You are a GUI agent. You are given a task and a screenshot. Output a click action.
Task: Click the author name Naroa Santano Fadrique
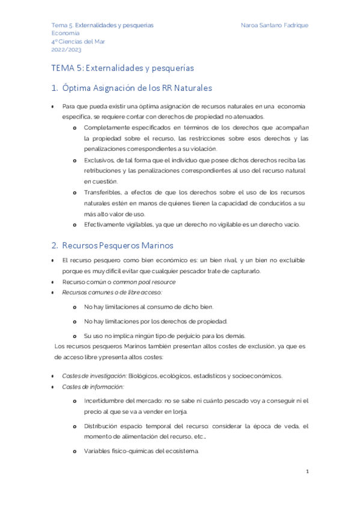point(274,25)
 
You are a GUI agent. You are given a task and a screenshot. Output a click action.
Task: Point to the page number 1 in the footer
point(307,472)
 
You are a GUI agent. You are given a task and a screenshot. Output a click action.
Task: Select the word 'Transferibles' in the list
point(102,192)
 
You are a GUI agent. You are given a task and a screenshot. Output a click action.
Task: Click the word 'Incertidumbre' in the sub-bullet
point(105,399)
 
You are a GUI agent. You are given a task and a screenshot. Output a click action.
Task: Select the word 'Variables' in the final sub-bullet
point(97,450)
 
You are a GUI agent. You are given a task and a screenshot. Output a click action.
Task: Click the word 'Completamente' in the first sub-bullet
point(108,127)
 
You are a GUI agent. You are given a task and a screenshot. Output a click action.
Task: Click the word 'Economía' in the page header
point(65,33)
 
